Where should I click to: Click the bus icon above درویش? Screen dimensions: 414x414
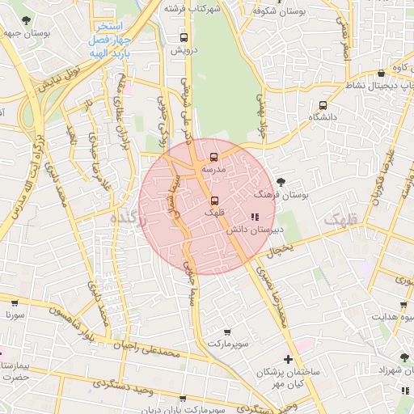tap(184, 37)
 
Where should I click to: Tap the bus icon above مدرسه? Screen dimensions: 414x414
tap(213, 157)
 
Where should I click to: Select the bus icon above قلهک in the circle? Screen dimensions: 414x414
tap(214, 200)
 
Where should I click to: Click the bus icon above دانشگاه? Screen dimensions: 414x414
tap(323, 105)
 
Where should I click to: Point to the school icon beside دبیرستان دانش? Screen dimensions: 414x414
tap(255, 217)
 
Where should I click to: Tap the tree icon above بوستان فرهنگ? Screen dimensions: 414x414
tap(281, 182)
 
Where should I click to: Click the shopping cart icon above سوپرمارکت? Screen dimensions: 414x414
tap(228, 332)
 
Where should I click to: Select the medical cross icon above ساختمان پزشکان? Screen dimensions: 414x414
tap(289, 359)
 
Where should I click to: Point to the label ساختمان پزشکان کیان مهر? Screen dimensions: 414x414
tap(289, 376)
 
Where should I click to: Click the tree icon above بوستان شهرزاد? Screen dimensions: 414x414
tap(403, 357)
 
